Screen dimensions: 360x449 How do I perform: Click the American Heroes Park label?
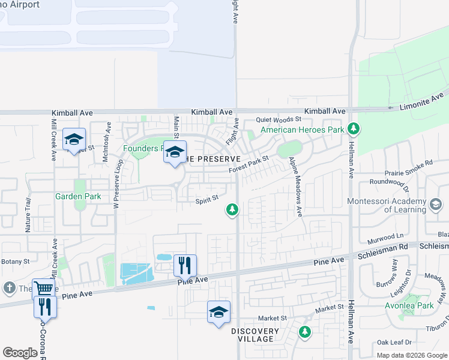[302, 130]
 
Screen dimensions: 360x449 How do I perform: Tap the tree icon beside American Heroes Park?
[354, 128]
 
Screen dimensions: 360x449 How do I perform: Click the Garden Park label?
[77, 196]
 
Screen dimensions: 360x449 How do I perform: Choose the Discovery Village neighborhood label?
[255, 335]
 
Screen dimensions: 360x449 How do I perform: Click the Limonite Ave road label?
[423, 101]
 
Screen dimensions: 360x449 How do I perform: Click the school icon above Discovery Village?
[218, 312]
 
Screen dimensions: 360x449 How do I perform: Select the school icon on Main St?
[175, 152]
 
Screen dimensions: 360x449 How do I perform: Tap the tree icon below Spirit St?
[232, 209]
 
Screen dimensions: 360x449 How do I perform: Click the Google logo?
[20, 353]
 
